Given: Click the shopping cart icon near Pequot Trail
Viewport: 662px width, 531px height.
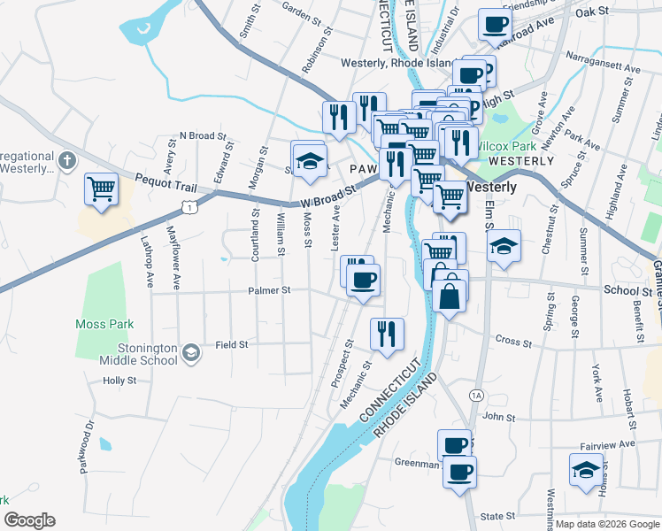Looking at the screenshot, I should point(102,189).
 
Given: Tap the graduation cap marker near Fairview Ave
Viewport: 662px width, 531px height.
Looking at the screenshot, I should point(586,470).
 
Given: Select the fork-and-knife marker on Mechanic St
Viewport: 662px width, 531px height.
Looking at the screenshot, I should point(387,334).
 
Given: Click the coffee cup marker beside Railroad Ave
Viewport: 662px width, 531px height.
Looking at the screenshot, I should point(495,24).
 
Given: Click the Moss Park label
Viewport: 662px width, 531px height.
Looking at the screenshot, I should point(104,324).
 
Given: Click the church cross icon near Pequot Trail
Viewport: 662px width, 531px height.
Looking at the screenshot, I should point(68,160).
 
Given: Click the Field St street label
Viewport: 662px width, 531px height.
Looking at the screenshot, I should point(232,343).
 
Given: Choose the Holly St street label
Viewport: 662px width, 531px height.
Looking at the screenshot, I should point(119,380).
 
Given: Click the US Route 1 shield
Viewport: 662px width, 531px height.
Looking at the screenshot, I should point(188,206).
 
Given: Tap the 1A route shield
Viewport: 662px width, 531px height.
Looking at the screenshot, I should point(478,395).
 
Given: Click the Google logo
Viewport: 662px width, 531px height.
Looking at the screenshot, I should point(29,519).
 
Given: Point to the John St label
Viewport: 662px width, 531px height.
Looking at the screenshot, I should point(499,416).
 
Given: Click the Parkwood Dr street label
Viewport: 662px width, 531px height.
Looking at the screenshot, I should point(87,452).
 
